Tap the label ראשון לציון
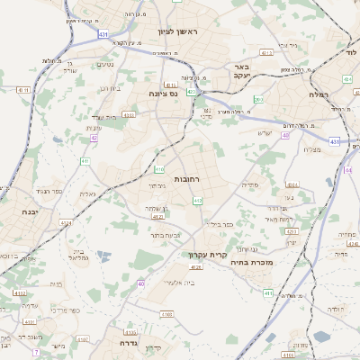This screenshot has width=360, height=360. [183, 31]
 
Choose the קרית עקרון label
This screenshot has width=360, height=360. [206, 255]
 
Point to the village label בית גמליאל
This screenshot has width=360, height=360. [76, 252]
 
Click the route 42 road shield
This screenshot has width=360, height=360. [94, 138]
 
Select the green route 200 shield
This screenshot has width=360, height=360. [258, 100]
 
